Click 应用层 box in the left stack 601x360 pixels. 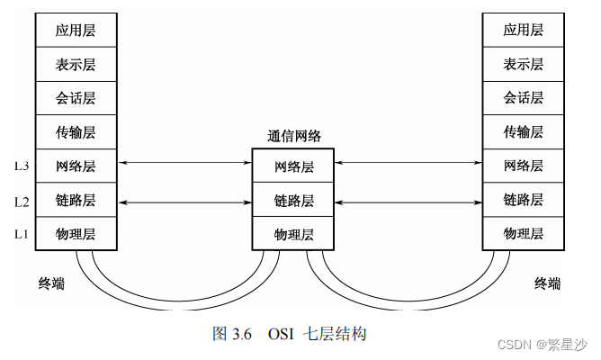pyautogui.click(x=76, y=30)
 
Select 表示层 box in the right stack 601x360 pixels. pyautogui.click(x=523, y=64)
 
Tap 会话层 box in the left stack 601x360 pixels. pyautogui.click(x=76, y=97)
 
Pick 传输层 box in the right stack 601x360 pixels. pyautogui.click(x=523, y=131)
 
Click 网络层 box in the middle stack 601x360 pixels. pyautogui.click(x=293, y=166)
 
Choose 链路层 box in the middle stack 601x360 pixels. pyautogui.click(x=293, y=200)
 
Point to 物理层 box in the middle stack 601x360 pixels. pyautogui.click(x=293, y=234)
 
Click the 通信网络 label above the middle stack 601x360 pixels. pyautogui.click(x=293, y=137)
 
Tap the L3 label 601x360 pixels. pyautogui.click(x=21, y=166)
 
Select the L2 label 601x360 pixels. pyautogui.click(x=21, y=202)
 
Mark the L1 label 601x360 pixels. pyautogui.click(x=21, y=234)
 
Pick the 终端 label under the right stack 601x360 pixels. pyautogui.click(x=547, y=284)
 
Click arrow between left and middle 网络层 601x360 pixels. pyautogui.click(x=184, y=163)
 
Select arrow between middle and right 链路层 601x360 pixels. pyautogui.click(x=408, y=202)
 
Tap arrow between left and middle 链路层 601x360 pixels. pyautogui.click(x=184, y=202)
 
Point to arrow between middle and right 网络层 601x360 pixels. pyautogui.click(x=408, y=163)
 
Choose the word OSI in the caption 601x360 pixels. pyautogui.click(x=282, y=334)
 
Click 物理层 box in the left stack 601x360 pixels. pyautogui.click(x=76, y=234)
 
